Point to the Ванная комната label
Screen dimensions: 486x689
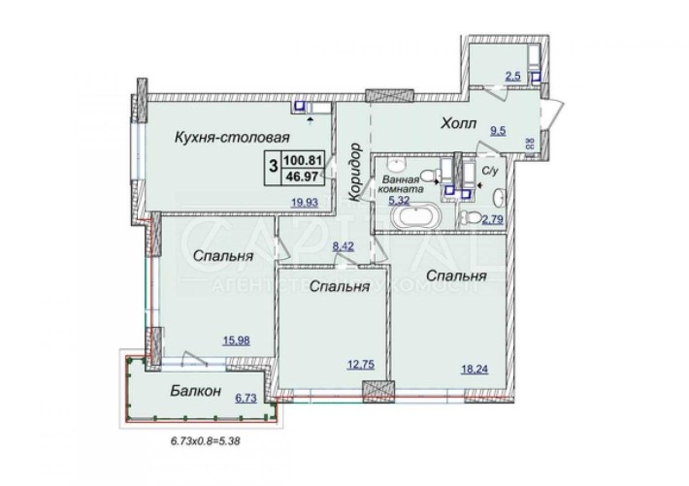click(402, 184)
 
